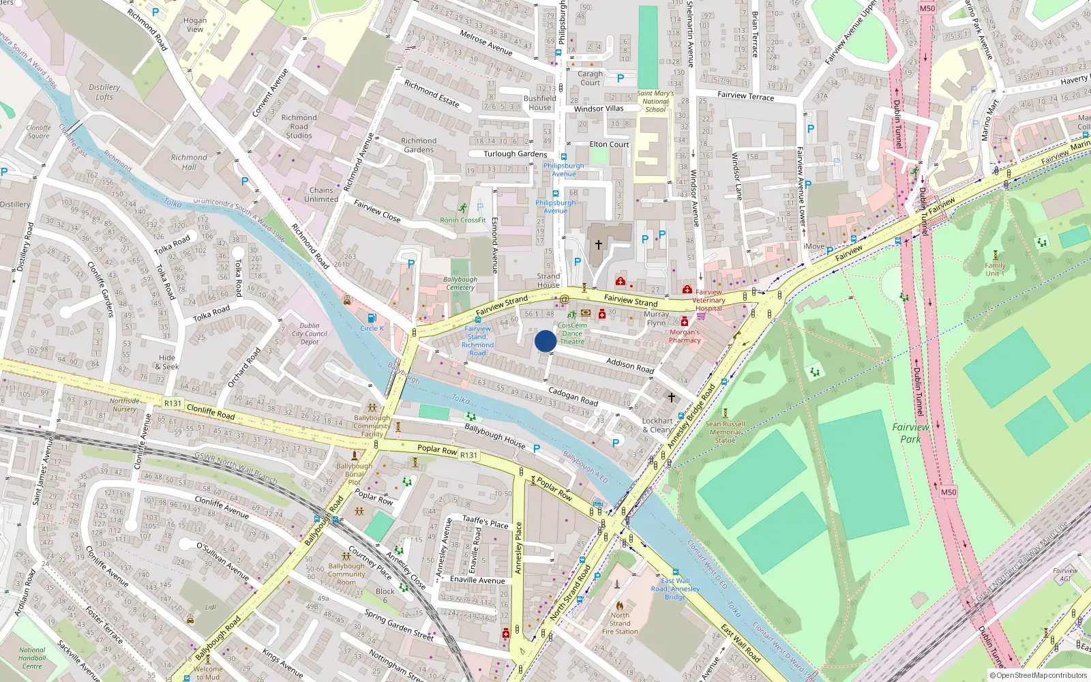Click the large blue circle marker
pos(545,341)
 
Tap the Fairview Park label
pos(910,433)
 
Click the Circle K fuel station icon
pos(372,318)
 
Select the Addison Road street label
pos(630,365)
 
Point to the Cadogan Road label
pos(573,396)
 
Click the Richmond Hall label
pos(189,162)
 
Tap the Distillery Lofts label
pos(104,92)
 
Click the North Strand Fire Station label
pos(619,623)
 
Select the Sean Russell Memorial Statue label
pos(725,432)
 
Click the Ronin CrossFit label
pos(463,220)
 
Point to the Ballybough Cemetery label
pos(460,283)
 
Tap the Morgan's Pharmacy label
pos(685,336)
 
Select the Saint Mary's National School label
pos(655,101)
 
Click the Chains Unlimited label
pos(321,195)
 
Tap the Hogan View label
pos(195,25)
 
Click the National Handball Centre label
pos(32,658)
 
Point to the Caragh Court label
pos(591,78)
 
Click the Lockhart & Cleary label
pos(657,426)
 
